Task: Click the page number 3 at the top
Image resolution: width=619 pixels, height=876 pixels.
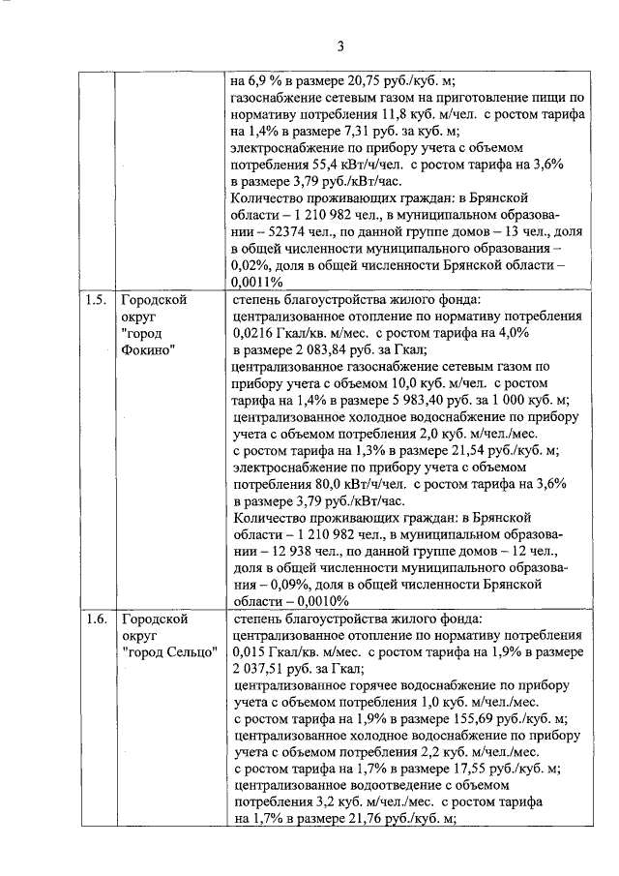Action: click(341, 45)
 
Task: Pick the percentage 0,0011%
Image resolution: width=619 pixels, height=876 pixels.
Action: click(257, 282)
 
